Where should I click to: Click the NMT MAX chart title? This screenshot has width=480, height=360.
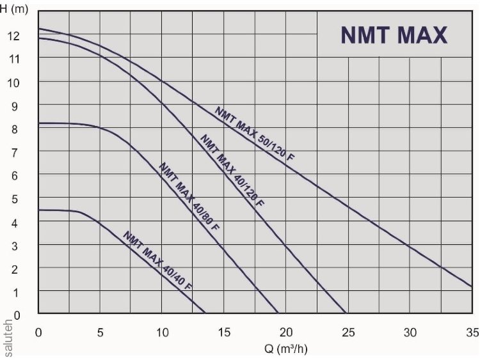tap(393, 35)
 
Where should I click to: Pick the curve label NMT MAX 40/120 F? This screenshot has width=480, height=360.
tap(232, 170)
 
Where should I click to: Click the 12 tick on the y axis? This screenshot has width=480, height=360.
tap(14, 36)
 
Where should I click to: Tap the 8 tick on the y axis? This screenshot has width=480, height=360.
tap(14, 129)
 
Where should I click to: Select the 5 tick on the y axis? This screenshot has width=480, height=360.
tap(14, 198)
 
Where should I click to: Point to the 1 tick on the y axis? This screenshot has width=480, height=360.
tap(14, 292)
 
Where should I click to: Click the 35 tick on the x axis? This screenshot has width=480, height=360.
tap(472, 333)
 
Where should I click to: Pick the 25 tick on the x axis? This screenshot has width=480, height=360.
tap(348, 333)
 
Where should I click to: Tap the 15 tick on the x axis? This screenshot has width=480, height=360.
tap(224, 333)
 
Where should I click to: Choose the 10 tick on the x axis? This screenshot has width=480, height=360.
tap(163, 333)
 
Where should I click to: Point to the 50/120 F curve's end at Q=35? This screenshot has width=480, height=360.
tap(472, 286)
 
